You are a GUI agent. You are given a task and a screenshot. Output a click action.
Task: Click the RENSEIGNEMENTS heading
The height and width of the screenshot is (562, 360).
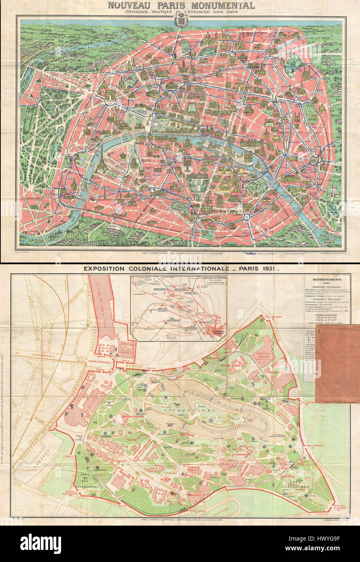click(327, 279)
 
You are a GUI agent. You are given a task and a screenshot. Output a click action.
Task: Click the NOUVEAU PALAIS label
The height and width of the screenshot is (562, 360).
click(263, 355)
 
